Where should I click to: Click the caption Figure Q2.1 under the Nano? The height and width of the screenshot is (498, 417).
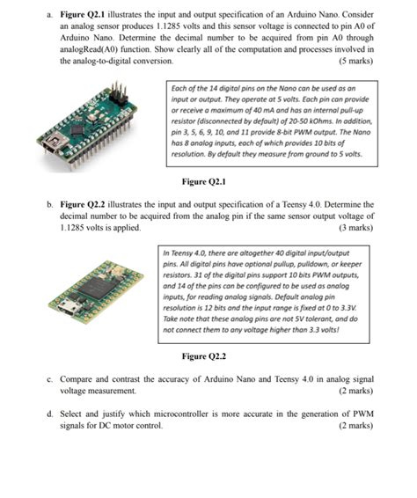203,181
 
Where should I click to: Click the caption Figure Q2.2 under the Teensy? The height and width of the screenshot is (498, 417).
203,356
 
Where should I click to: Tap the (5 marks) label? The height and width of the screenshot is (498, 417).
355,61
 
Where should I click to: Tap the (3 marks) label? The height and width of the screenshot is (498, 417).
355,228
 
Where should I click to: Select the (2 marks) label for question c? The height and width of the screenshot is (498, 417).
355,391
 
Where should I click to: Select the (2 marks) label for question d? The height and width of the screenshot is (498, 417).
355,425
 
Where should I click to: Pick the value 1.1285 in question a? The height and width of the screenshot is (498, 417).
168,26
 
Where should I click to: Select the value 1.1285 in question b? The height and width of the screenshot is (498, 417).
71,228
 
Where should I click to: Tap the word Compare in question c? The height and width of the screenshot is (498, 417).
76,379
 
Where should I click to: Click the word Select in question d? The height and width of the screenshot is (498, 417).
70,414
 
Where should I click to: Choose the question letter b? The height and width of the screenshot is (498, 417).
49,205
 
